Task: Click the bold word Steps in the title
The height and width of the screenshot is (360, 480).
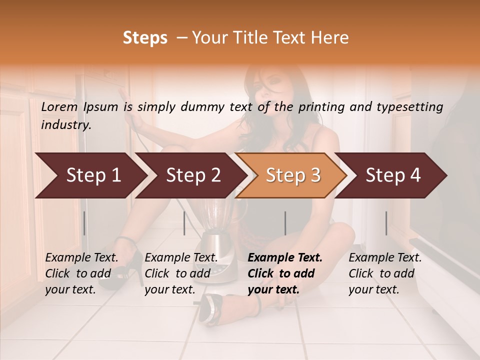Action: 145,38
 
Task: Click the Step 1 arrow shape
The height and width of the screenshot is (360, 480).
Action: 90,175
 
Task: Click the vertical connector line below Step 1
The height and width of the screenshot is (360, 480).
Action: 84,223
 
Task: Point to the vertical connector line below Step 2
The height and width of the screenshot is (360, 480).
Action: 184,223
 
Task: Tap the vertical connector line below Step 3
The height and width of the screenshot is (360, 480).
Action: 285,223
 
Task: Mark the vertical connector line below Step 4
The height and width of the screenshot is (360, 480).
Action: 386,223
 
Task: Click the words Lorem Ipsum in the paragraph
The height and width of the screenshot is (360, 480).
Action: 79,107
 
